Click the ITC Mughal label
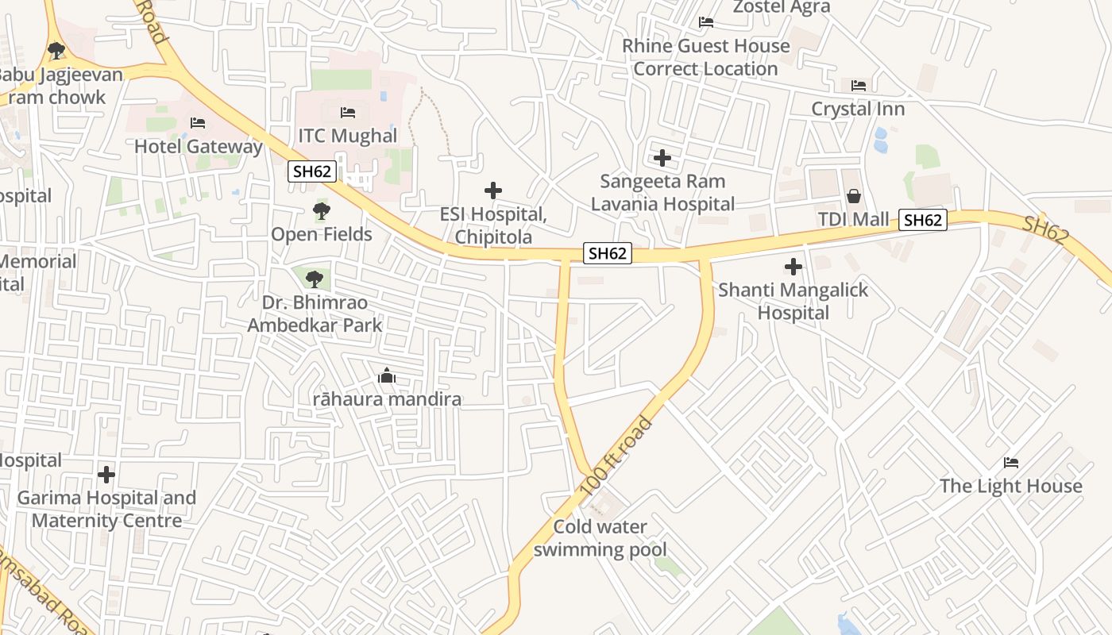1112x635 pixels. [x=347, y=136]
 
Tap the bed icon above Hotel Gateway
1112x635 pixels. [x=198, y=123]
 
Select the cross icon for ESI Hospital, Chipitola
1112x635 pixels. [x=493, y=190]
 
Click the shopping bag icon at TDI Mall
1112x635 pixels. [x=854, y=195]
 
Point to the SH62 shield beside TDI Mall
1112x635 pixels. [x=923, y=220]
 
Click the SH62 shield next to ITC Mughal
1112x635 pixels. [x=313, y=171]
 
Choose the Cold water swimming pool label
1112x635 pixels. [x=600, y=537]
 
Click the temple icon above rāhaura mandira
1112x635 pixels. [x=387, y=375]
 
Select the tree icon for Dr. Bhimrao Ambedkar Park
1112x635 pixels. [x=315, y=279]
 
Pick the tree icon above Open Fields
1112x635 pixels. [x=321, y=211]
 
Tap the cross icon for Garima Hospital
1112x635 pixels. [x=106, y=475]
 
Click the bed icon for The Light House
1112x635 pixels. [x=1011, y=463]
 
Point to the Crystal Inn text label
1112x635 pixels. [x=858, y=109]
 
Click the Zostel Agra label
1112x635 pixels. [x=781, y=7]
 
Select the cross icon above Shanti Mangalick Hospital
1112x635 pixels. [x=793, y=267]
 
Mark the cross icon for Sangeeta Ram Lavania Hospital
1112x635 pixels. [x=662, y=158]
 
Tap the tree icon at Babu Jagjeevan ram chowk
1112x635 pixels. [x=56, y=52]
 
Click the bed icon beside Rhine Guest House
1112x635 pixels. [x=705, y=22]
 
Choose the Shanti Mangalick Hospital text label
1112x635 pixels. [x=793, y=301]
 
